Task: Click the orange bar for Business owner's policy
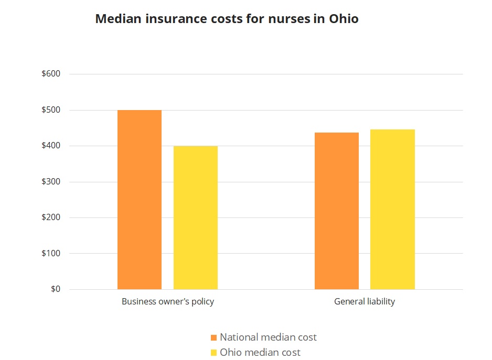140,200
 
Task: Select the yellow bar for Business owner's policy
196,217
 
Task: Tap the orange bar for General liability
337,211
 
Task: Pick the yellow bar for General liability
392,209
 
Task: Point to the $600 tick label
51,74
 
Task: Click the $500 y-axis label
51,110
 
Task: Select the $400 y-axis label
51,146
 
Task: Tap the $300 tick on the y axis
51,182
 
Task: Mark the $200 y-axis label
51,217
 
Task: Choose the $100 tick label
51,254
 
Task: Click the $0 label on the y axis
55,289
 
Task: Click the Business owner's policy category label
168,302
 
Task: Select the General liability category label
365,302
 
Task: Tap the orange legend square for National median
213,337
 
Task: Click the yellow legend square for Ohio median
213,353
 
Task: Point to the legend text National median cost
268,337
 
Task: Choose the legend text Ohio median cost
260,353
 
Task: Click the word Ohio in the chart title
344,19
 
